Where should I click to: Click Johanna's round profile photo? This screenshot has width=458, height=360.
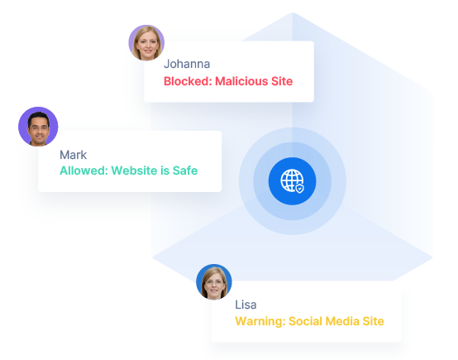tap(146, 43)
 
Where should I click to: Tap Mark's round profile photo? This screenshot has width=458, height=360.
tap(38, 127)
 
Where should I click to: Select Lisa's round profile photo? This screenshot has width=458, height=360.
tap(214, 282)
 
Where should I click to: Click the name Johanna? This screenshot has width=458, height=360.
tap(187, 64)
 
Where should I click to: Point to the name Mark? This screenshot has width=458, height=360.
tap(73, 155)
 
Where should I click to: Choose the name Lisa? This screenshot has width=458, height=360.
tap(246, 305)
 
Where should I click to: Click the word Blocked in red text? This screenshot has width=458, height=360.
tap(188, 81)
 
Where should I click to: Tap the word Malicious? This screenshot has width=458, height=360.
tap(241, 81)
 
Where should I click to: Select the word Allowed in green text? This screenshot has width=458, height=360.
tap(83, 170)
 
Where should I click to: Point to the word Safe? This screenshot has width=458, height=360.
tap(185, 170)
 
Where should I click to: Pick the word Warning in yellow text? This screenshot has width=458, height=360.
tap(260, 321)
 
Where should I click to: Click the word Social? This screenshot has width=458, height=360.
tap(305, 321)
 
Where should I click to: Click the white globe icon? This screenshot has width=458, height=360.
tap(292, 180)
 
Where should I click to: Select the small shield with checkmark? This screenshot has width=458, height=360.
tap(300, 189)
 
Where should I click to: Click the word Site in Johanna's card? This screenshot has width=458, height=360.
tap(282, 81)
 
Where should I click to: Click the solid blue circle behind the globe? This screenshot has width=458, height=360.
tap(292, 181)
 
